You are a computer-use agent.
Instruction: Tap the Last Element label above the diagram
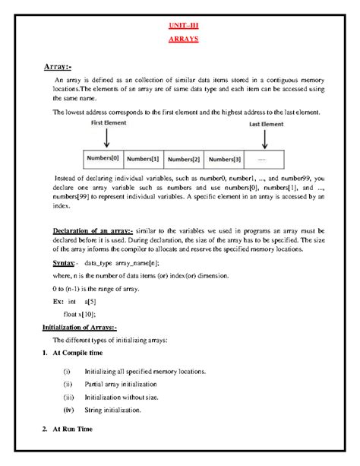click(x=265, y=123)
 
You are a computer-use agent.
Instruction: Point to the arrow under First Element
click(x=106, y=138)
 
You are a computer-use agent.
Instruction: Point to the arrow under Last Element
click(x=264, y=138)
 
